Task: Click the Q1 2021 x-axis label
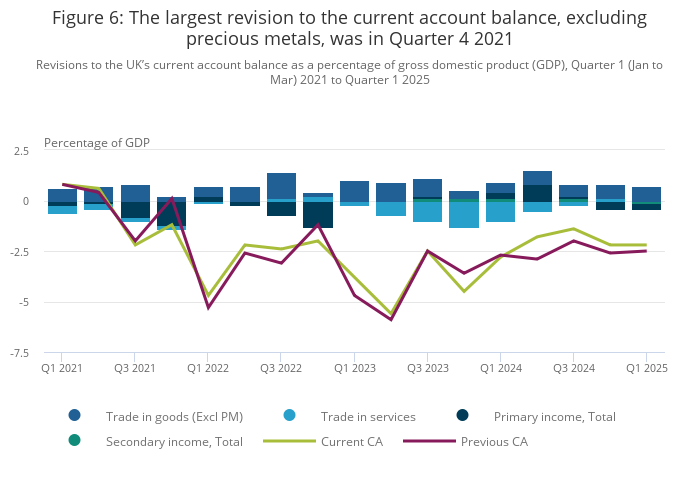tap(62, 368)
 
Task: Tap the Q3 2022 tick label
tap(282, 368)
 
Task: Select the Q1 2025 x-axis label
tap(646, 368)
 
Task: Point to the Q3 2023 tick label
tap(428, 368)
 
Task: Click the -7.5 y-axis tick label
tap(20, 352)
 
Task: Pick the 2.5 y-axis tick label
tap(22, 151)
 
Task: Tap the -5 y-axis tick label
tap(24, 302)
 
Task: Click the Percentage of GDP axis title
tap(97, 142)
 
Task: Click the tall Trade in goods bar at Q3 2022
tap(282, 185)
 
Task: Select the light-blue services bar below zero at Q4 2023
tap(464, 215)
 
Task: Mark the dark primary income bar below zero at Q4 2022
tap(318, 215)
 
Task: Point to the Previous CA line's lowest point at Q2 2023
tap(391, 320)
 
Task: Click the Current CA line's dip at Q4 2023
tap(464, 291)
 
